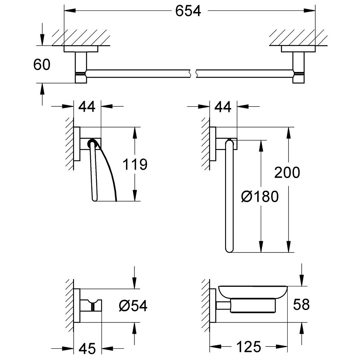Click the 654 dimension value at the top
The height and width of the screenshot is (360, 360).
pos(188,11)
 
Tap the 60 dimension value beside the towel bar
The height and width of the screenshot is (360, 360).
pos(42,64)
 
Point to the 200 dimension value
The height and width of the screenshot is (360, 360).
pos(287,172)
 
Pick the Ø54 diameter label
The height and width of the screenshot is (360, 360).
pos(133,306)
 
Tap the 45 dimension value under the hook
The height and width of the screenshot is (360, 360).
pos(87,348)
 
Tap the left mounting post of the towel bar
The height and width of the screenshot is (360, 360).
pos(81,66)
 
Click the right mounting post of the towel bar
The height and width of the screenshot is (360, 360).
pos(298,66)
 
